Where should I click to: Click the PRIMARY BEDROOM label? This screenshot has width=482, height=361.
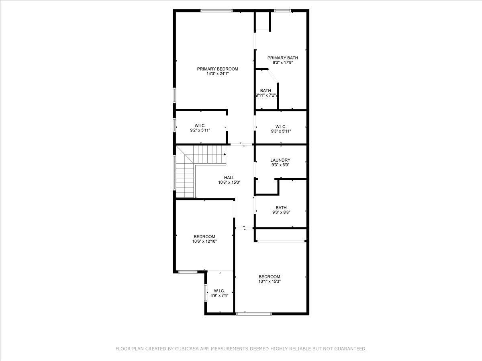tap(217, 69)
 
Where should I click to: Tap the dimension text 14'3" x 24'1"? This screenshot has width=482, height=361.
tap(217, 74)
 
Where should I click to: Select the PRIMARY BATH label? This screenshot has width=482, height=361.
tap(283, 58)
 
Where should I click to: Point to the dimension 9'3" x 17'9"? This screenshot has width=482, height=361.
tap(283, 63)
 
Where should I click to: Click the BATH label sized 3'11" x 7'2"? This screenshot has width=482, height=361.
tap(266, 91)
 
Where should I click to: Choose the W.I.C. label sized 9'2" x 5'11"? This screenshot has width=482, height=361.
tap(200, 126)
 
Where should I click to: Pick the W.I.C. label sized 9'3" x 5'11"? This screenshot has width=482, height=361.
tap(281, 126)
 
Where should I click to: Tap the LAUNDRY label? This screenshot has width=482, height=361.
tap(280, 160)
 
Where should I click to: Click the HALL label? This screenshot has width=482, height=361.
tap(229, 178)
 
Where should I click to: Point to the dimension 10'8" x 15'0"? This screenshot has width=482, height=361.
tap(229, 183)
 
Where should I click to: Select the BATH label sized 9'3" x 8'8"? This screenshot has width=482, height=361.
tap(281, 207)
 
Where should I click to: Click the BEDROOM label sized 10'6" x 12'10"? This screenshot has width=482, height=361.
tap(204, 237)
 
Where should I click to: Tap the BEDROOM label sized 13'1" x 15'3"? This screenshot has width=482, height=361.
tap(269, 277)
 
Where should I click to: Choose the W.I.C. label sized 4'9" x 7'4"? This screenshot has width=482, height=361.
tap(219, 291)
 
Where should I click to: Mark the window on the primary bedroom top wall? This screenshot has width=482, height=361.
tap(216, 11)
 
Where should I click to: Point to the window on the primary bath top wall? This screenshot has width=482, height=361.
tap(283, 11)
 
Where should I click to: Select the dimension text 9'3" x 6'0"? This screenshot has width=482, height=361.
tap(280, 165)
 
